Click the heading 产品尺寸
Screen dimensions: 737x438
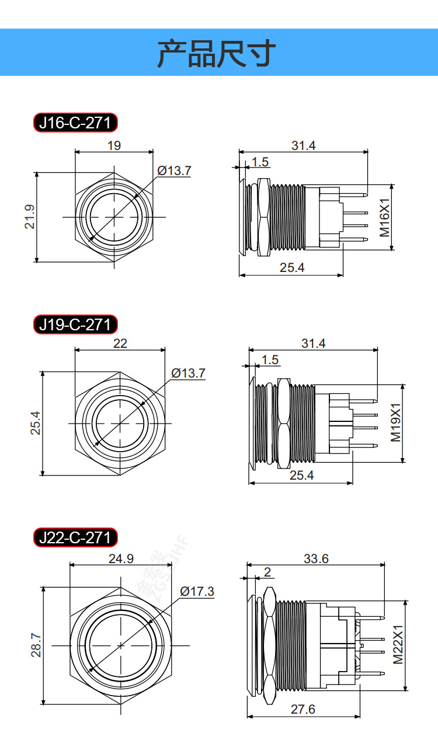(x=216, y=54)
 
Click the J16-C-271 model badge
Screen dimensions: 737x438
(x=75, y=123)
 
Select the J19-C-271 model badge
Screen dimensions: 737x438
(x=75, y=324)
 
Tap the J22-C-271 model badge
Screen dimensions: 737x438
(x=75, y=537)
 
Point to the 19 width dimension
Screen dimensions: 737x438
(x=114, y=145)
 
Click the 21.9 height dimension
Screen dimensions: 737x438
(x=30, y=216)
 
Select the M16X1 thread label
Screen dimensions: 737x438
(x=384, y=217)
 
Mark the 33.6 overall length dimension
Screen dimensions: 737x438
(x=316, y=558)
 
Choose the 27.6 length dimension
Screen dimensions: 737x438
(x=303, y=709)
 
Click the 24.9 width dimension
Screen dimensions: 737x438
(x=121, y=558)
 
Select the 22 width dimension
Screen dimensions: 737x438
(x=120, y=344)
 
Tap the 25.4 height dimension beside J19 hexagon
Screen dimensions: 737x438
(x=36, y=423)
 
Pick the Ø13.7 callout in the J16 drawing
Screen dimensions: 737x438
(x=174, y=170)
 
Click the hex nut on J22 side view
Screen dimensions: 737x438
(x=269, y=645)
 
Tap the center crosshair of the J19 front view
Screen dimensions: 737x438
(x=120, y=423)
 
